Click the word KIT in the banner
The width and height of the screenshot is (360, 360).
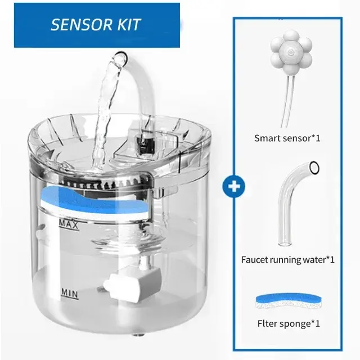129,24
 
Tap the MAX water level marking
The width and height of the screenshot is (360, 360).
69,224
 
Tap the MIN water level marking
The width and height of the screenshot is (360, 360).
70,294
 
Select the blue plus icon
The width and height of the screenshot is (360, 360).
234,186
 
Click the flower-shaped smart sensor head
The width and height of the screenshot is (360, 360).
291,51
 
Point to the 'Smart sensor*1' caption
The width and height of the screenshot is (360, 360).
287,138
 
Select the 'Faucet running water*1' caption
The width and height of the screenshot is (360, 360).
287,260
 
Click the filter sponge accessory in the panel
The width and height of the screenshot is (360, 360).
289,301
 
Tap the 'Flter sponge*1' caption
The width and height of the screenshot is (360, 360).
289,324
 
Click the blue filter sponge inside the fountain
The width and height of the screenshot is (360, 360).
94,202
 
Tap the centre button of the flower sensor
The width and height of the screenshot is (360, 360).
291,52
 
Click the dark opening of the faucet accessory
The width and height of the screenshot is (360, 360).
314,168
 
